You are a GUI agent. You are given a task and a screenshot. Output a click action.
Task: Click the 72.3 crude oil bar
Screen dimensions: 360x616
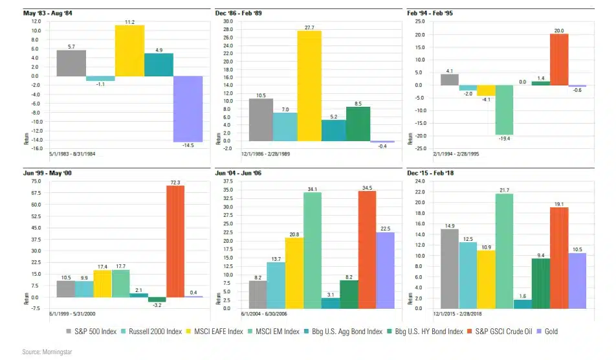pos(175,242)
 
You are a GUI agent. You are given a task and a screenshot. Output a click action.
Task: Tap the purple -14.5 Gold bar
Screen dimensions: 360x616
pos(188,109)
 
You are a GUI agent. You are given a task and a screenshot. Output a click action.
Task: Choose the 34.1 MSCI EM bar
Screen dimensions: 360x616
pos(313,250)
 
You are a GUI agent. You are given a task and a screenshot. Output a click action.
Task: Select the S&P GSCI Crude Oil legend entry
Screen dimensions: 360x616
pos(493,332)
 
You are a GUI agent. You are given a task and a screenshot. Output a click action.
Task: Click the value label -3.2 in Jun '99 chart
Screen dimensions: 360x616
pos(157,307)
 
